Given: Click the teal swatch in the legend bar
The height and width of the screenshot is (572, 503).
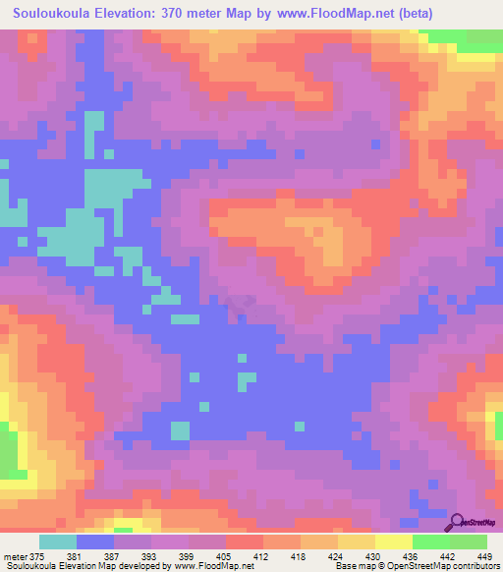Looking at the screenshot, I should coord(58,542).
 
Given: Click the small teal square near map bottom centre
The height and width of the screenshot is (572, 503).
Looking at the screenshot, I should coord(180,429).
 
